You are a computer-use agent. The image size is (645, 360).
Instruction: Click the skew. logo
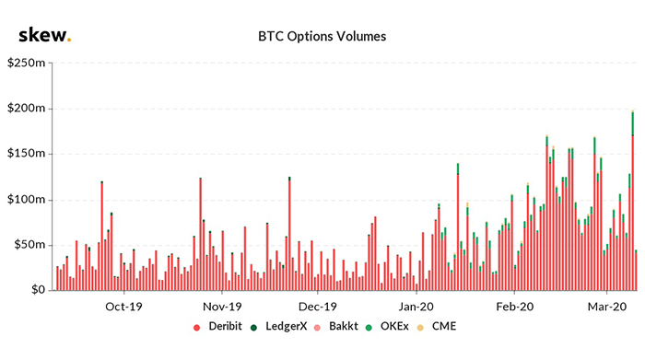(x=44, y=36)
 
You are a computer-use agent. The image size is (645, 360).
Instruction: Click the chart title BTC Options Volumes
(x=322, y=37)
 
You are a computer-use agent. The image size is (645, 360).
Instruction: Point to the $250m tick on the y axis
(x=29, y=64)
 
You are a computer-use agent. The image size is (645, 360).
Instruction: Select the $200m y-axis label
(x=29, y=109)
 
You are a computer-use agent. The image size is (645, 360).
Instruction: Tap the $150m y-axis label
(x=29, y=154)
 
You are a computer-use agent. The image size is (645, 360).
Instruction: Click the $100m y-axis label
(x=29, y=200)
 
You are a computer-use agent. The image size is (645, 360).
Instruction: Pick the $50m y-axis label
(x=31, y=245)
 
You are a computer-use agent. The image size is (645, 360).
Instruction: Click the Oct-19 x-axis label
(x=123, y=307)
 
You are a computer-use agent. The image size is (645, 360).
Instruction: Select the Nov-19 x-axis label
(x=221, y=307)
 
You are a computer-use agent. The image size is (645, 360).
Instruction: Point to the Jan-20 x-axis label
(x=416, y=307)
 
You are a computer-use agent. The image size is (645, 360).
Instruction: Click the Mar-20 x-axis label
(x=607, y=307)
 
